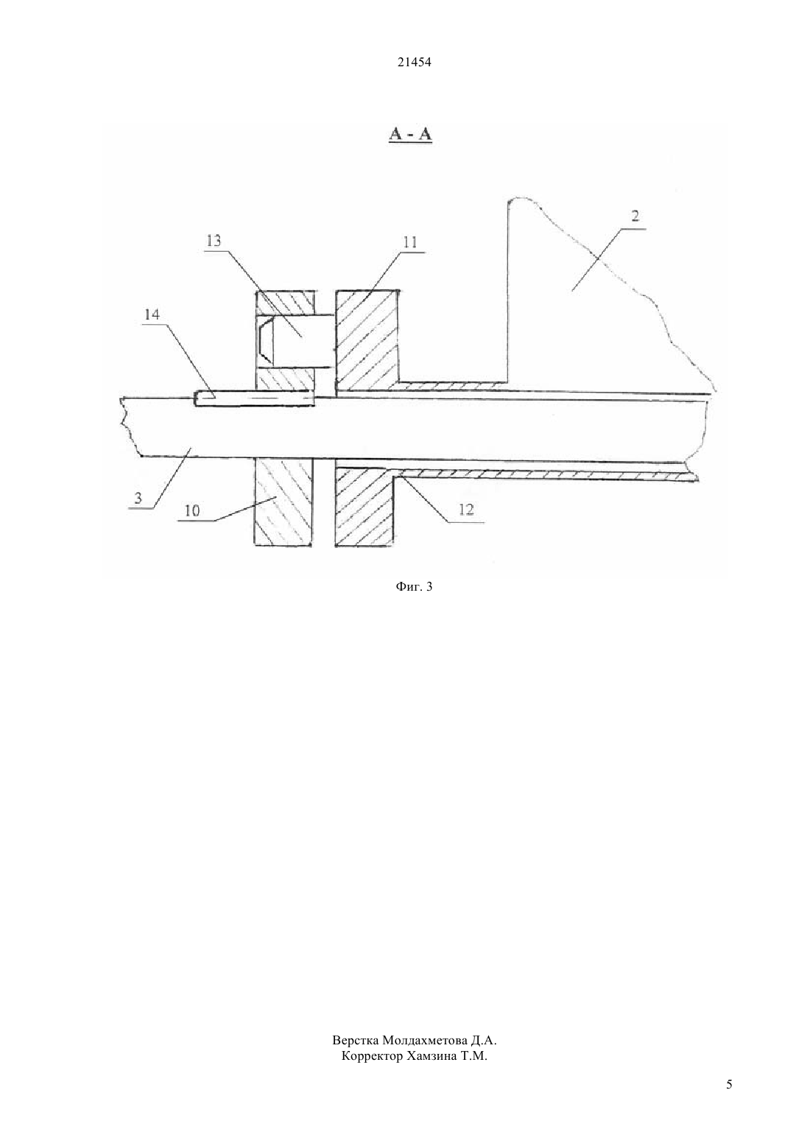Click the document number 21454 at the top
(x=414, y=63)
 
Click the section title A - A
(x=411, y=134)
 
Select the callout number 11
(x=409, y=242)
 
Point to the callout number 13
(x=214, y=240)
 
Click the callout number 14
(x=152, y=314)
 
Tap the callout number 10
(x=192, y=510)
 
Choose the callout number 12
(x=466, y=509)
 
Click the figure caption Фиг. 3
(x=414, y=587)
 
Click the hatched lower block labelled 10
(x=283, y=502)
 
